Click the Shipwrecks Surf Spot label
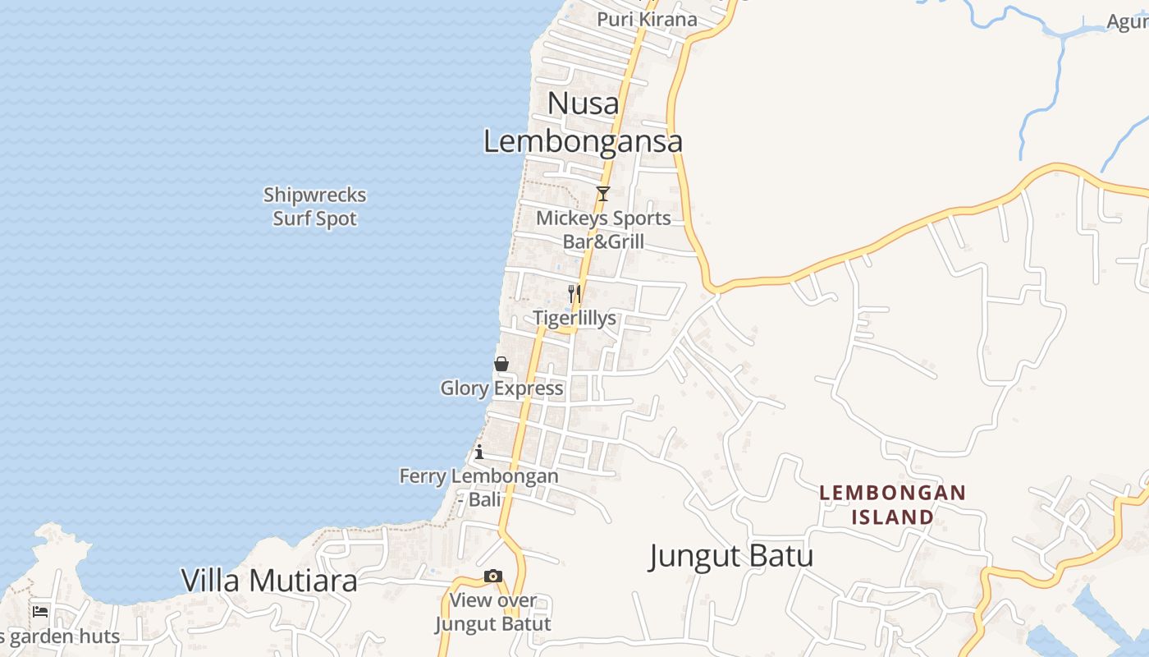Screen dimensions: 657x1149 [314, 207]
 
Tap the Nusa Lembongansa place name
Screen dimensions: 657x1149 [583, 122]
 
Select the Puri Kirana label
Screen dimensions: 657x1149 [647, 19]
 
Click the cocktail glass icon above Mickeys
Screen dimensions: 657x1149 [603, 194]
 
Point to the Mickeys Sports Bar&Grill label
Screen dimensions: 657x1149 [603, 230]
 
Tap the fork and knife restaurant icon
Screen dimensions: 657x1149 [574, 292]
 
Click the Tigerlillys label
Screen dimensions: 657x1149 [574, 318]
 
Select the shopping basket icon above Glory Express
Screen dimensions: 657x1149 [501, 364]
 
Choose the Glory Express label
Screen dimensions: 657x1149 [501, 388]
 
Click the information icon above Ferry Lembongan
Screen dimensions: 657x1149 [479, 452]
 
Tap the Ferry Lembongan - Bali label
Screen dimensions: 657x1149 [479, 487]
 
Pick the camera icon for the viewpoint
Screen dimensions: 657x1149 [492, 577]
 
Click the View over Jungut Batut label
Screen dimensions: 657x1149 [492, 612]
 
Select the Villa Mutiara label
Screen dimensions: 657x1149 [269, 581]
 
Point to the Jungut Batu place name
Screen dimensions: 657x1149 [731, 556]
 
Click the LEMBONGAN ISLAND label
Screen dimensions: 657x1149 [893, 504]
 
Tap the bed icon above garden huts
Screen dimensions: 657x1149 [40, 611]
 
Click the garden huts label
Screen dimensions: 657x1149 [62, 636]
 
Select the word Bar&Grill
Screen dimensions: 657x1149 [603, 242]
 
